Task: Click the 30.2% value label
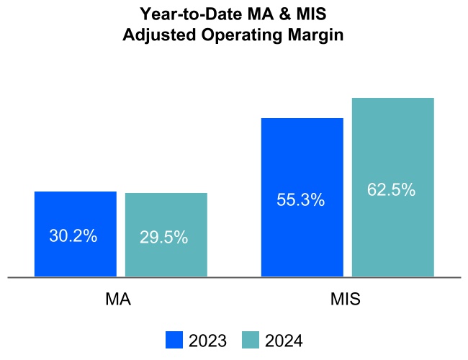pyautogui.click(x=73, y=235)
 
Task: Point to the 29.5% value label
pyautogui.click(x=164, y=237)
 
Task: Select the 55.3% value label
pyautogui.click(x=301, y=200)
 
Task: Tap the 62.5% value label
pyautogui.click(x=392, y=190)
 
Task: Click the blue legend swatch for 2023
pyautogui.click(x=174, y=341)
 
